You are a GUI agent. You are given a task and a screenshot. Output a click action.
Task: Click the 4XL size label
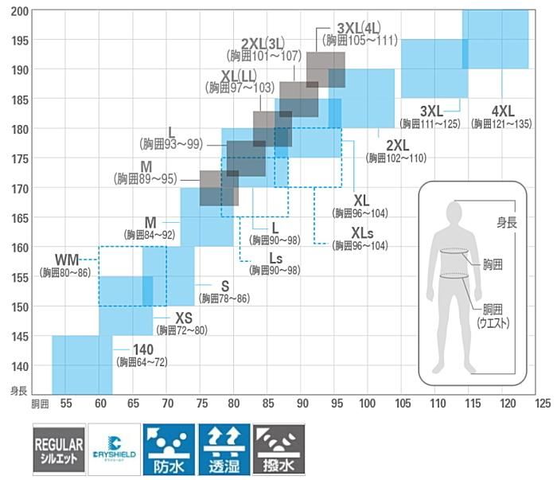click(504, 110)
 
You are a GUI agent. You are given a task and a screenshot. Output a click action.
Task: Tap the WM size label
click(67, 260)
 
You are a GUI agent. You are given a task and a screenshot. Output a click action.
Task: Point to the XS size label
click(185, 318)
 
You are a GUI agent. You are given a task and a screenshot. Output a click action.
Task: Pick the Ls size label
click(275, 258)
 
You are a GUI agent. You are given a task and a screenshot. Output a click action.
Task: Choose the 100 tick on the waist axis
click(367, 404)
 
